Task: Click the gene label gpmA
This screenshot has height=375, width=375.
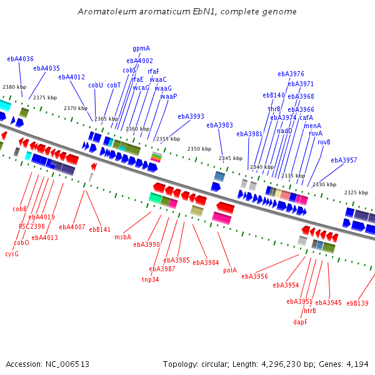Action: click(141, 48)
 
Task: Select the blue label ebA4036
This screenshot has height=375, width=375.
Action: click(21, 59)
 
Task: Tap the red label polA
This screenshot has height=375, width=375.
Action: click(230, 270)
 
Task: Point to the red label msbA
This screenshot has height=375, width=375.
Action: click(123, 237)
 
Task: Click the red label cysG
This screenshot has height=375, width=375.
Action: click(12, 254)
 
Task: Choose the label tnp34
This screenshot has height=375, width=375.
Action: click(151, 279)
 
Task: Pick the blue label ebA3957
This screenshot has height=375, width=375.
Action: click(344, 160)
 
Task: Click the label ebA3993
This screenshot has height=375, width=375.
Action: click(191, 116)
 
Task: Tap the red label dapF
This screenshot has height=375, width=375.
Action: click(301, 322)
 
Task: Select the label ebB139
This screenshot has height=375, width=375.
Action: click(357, 303)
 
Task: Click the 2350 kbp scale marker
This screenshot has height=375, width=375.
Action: click(199, 149)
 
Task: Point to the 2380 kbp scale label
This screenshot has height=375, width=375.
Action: click(14, 87)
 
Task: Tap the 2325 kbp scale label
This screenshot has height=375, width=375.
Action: click(356, 192)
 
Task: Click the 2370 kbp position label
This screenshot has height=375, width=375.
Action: click(76, 108)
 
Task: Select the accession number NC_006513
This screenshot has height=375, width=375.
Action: click(67, 364)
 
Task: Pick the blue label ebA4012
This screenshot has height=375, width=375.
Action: click(72, 77)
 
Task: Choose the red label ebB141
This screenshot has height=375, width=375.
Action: click(100, 229)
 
